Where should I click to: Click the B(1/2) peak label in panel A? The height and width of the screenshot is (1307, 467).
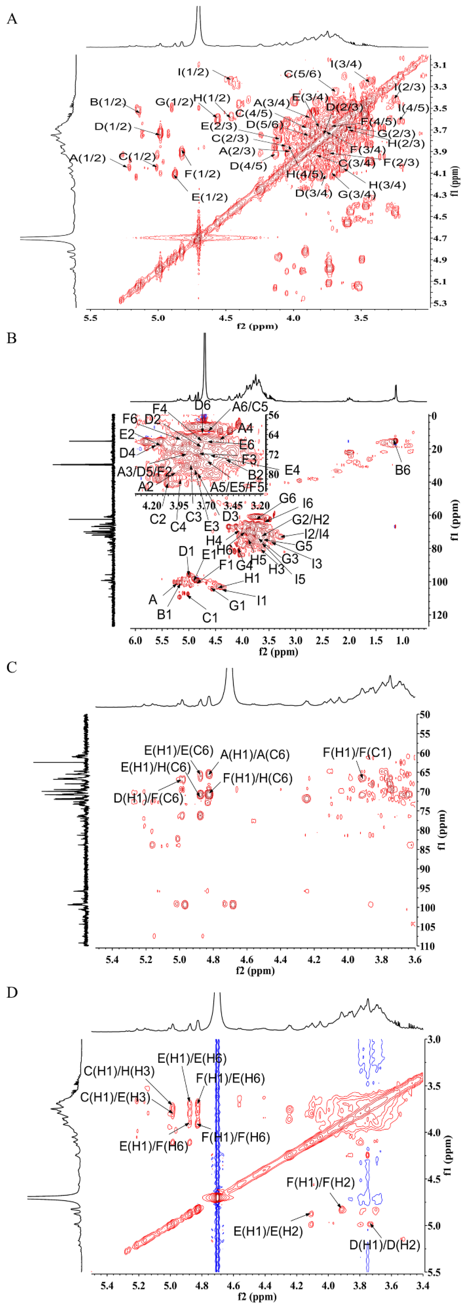tap(108, 102)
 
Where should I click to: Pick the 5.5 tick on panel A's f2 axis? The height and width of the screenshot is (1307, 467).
tap(90, 318)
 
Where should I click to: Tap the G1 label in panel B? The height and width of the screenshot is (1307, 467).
tap(237, 605)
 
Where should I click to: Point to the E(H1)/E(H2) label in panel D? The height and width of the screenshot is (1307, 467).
tap(268, 1231)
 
